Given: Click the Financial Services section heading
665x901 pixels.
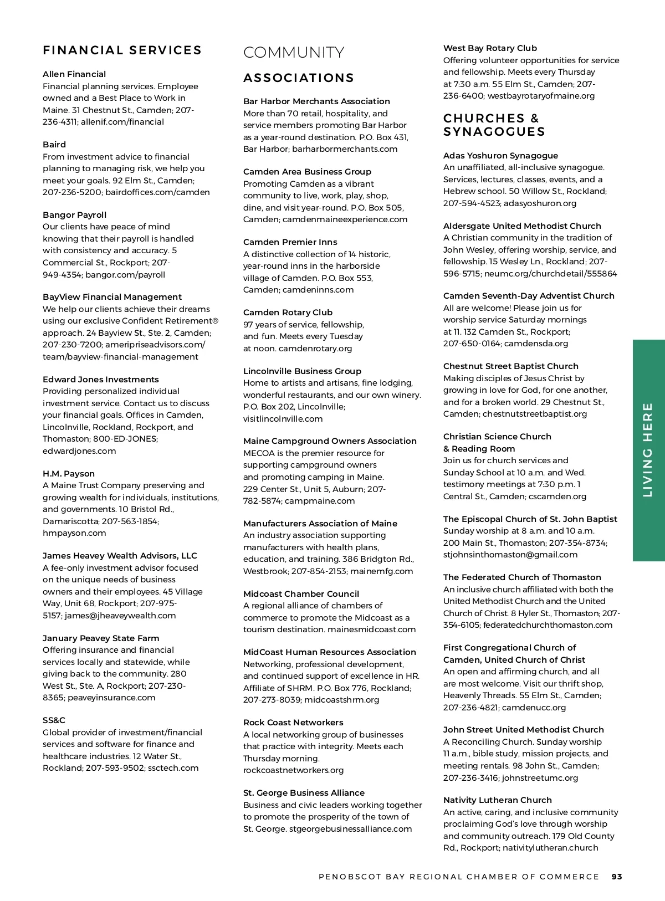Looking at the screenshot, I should pos(122,50).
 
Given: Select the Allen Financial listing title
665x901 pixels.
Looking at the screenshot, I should pos(74,74).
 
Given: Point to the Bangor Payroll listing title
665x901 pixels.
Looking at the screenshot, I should pos(74,215).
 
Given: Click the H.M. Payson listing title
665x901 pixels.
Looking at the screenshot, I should pos(69,474).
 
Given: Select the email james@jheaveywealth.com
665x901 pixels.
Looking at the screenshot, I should pos(120,616).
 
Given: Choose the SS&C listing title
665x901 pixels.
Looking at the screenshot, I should pos(54,720).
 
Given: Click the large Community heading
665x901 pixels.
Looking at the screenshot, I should pos(294,53).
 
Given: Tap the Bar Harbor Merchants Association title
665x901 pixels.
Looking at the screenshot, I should pos(316,101).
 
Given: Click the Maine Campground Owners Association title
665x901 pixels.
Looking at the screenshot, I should pos(330,441).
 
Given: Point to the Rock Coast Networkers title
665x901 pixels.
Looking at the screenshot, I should pos(293,723).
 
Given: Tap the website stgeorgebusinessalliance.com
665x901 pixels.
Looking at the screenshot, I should pos(350,829).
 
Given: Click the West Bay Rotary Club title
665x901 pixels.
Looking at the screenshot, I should pos(490,48).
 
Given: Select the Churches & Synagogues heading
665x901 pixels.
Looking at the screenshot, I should pos(494,125).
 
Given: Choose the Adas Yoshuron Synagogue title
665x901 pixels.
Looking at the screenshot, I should pos(500,156).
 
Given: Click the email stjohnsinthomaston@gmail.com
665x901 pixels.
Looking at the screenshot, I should pos(510,555).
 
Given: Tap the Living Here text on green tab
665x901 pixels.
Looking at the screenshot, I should pos(648,449).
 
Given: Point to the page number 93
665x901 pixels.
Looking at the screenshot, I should pos(617,877).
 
